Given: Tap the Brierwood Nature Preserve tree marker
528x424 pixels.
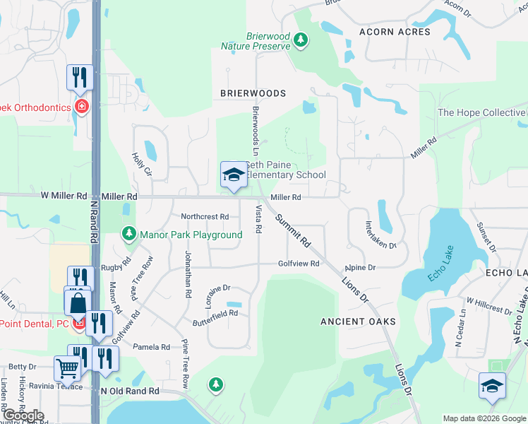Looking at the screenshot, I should [301, 40].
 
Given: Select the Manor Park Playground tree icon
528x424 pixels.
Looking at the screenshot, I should [128, 232].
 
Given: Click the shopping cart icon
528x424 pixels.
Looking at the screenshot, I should [67, 367].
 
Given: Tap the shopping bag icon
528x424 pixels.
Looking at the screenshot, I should [77, 302].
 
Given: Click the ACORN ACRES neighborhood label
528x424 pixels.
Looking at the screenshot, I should [394, 32].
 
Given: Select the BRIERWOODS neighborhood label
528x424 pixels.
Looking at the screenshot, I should [253, 93].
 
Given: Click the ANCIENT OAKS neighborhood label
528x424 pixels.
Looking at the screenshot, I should [358, 321].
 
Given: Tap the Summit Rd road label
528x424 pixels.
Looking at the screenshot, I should [293, 230].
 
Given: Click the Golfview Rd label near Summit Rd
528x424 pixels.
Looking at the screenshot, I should [299, 264].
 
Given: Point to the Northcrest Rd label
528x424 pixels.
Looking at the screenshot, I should [205, 217].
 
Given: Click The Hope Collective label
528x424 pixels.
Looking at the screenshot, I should [481, 112].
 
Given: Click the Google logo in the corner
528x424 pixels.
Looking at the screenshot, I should [23, 416].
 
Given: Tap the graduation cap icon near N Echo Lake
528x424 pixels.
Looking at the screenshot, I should [492, 385].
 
